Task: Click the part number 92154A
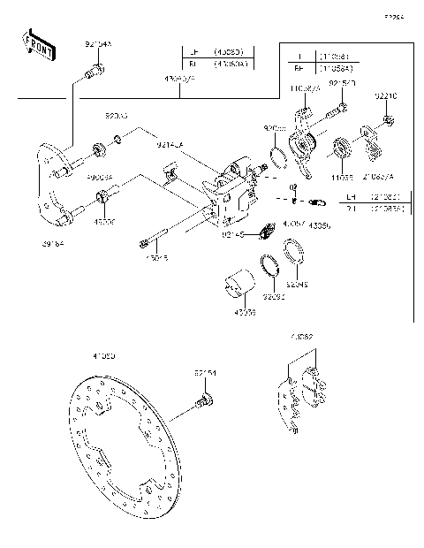(98, 43)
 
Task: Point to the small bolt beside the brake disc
(203, 405)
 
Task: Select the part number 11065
(341, 178)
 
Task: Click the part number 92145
(232, 234)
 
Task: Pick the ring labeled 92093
(271, 266)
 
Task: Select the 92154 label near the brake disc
(204, 375)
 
